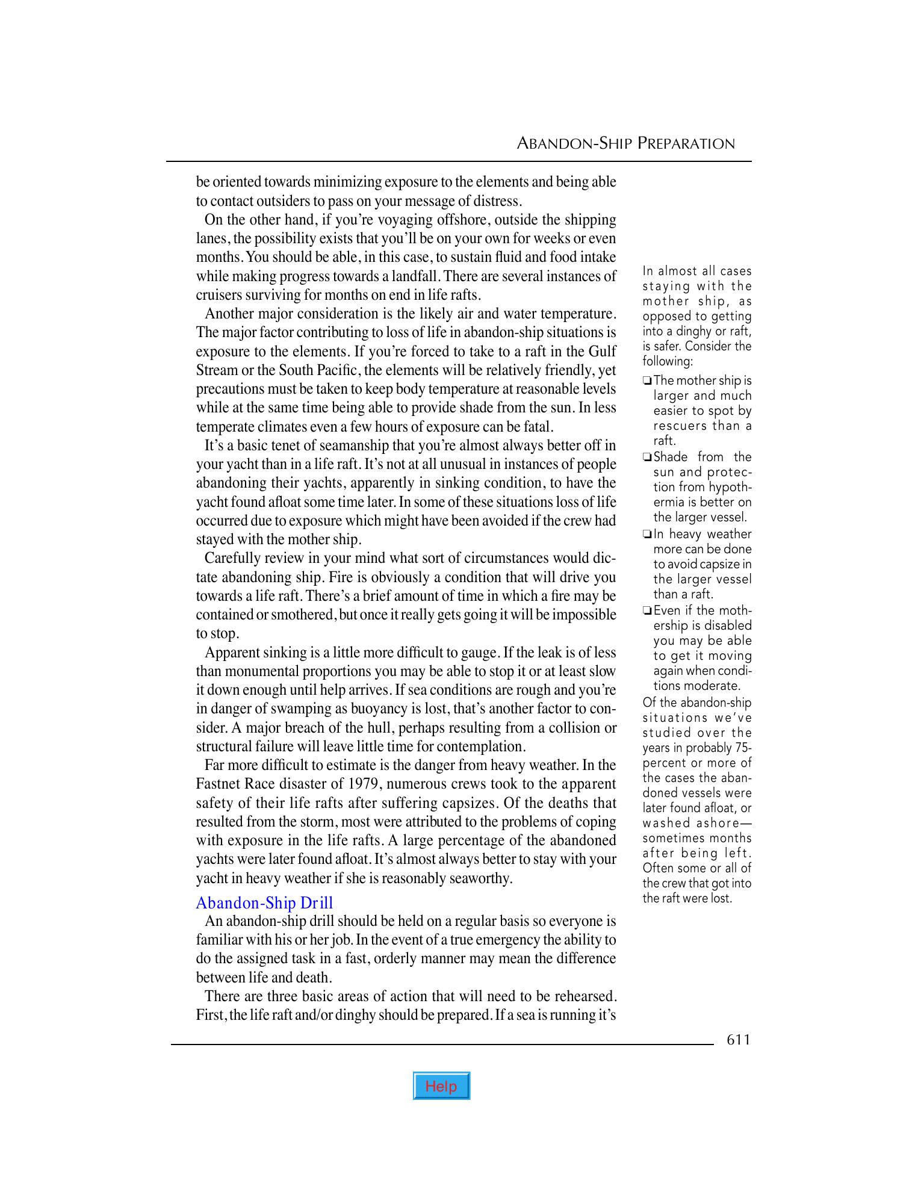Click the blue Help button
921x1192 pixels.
tap(441, 1086)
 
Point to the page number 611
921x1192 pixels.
tap(739, 1040)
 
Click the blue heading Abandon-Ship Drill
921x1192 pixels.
tap(264, 902)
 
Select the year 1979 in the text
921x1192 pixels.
tap(363, 784)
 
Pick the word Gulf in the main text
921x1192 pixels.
tap(602, 351)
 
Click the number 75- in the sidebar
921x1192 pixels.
tap(743, 748)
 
